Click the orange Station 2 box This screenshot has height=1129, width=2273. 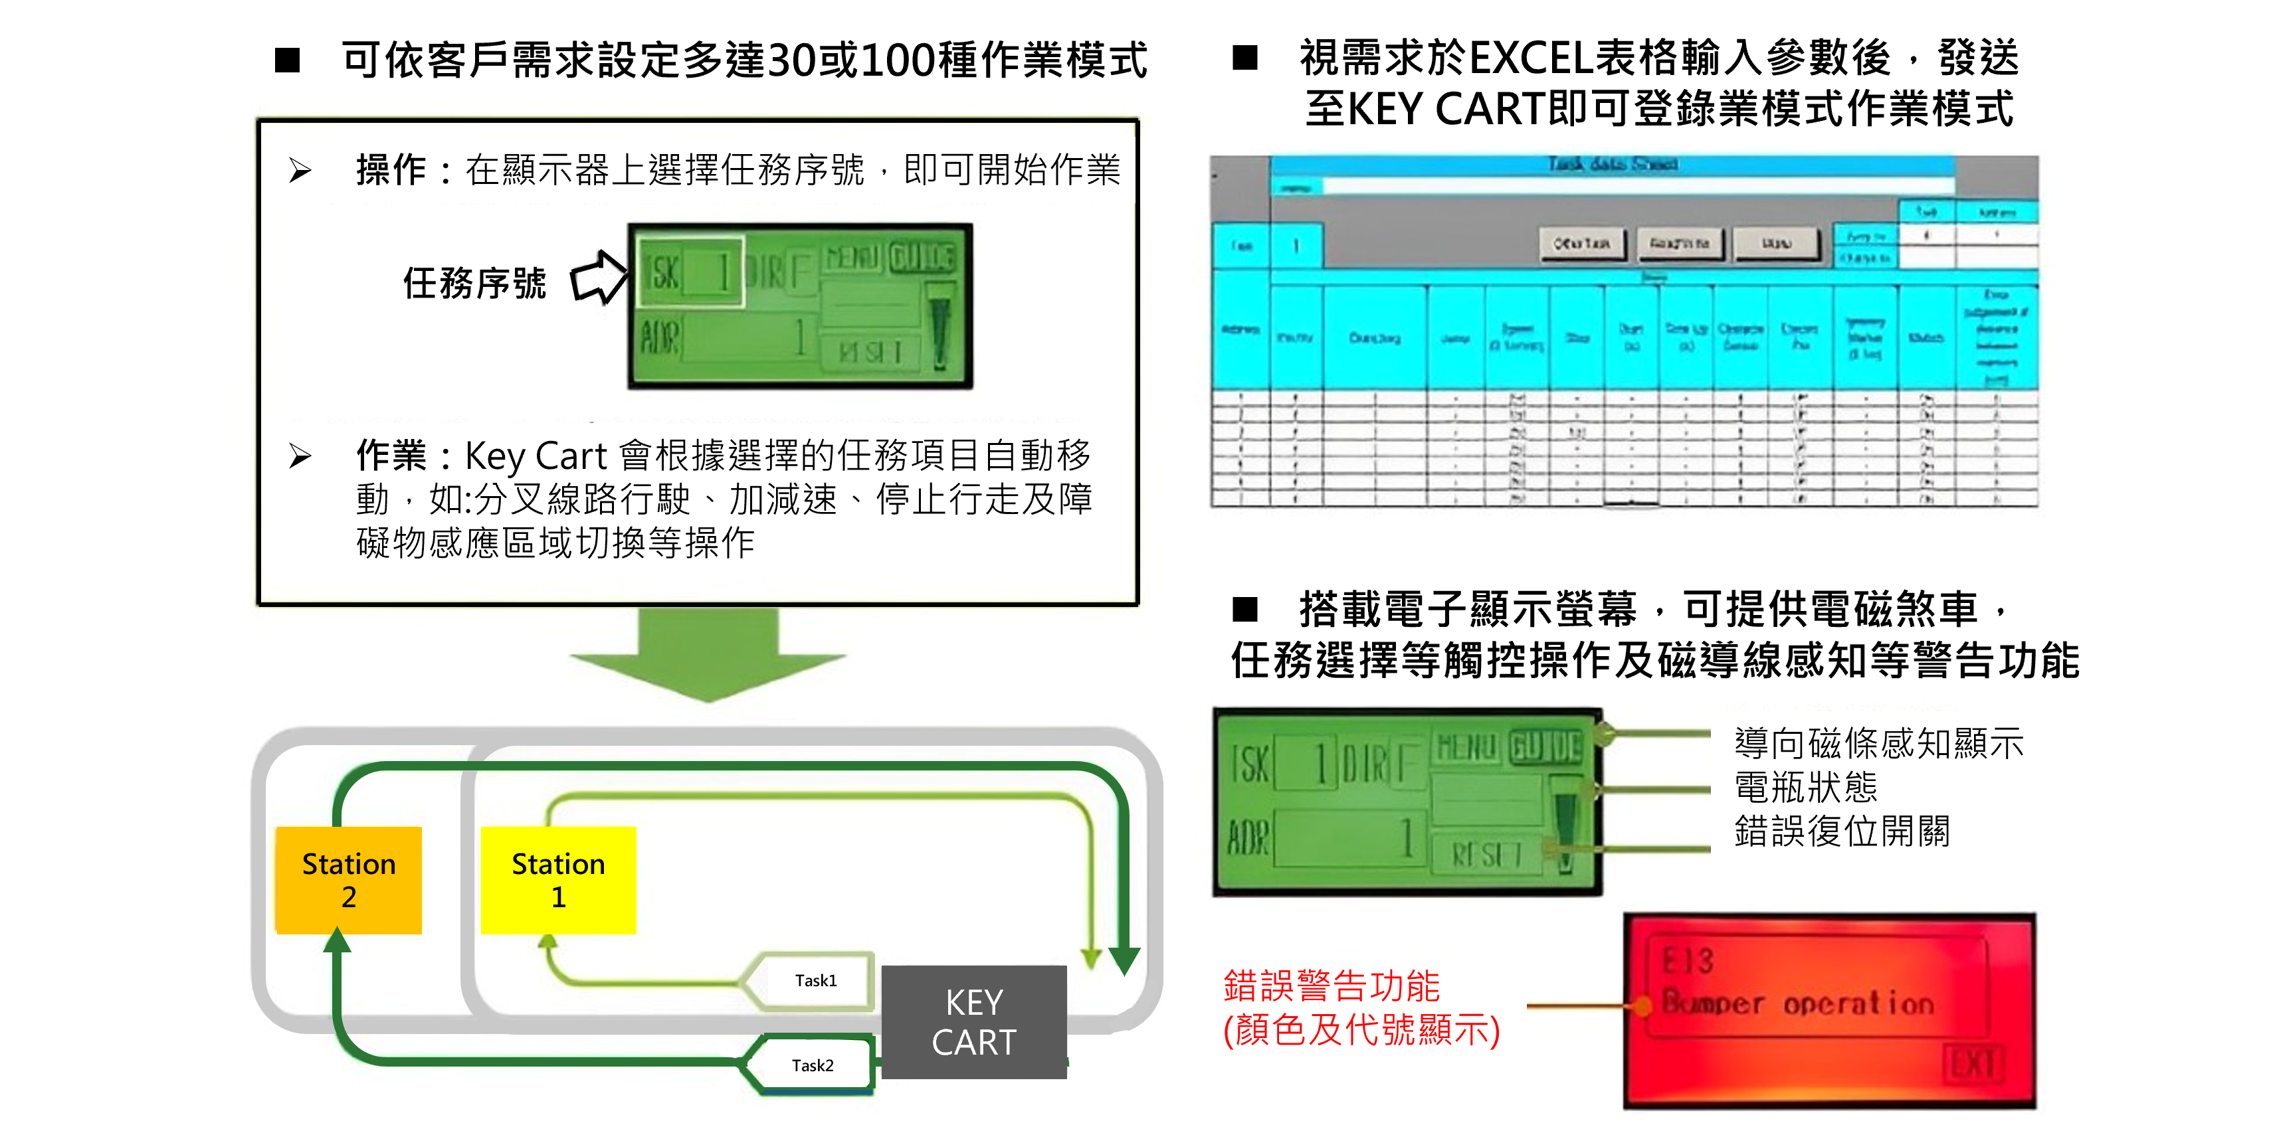349,879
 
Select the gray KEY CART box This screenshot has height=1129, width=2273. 973,1021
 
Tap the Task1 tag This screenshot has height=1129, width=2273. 815,980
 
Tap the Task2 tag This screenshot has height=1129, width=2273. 812,1065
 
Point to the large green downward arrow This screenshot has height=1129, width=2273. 708,657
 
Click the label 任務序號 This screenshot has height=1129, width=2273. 474,283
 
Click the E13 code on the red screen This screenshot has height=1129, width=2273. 1687,960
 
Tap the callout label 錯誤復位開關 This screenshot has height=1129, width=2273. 1842,831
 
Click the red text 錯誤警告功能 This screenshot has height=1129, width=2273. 1331,986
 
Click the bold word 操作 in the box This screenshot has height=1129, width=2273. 391,169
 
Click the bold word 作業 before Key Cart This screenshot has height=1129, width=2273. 391,456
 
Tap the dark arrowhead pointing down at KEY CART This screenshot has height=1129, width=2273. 1124,960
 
